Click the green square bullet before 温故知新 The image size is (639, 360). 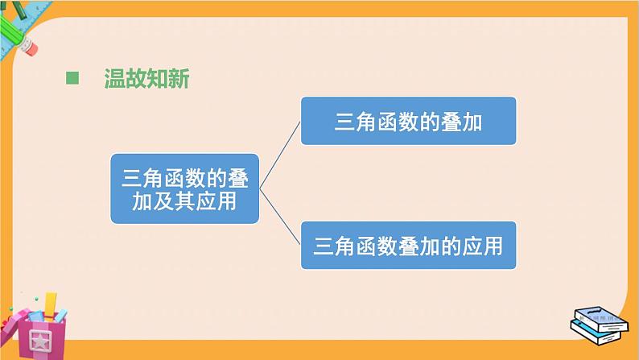[72, 78]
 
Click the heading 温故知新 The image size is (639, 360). [146, 79]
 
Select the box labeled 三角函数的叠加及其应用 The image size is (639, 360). [184, 188]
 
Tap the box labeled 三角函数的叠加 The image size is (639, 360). [408, 121]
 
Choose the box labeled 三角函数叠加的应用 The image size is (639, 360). [408, 244]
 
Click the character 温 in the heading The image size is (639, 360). [114, 79]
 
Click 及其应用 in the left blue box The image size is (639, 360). [184, 201]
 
